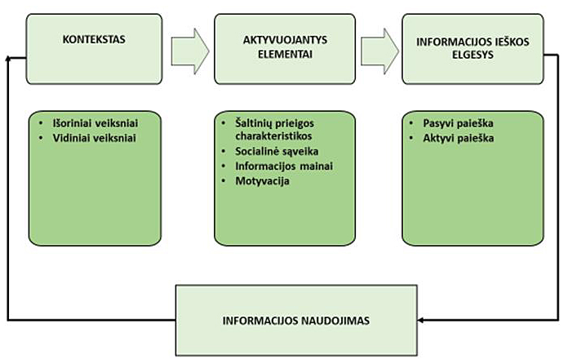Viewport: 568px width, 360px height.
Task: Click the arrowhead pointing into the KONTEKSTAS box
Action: pyautogui.click(x=11, y=58)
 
